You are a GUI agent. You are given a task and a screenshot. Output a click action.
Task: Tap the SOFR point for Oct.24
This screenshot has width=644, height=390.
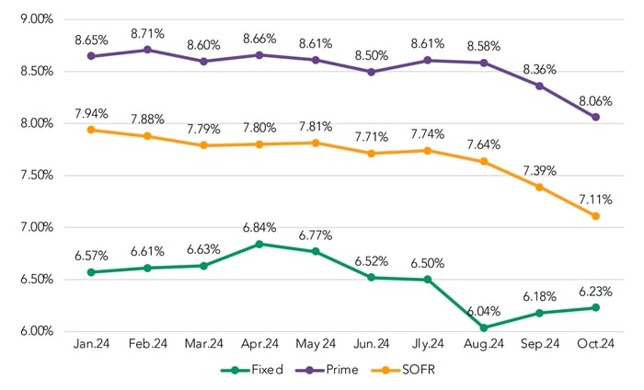(x=595, y=216)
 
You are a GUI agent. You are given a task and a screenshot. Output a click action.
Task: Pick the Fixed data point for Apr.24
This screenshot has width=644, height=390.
(x=259, y=244)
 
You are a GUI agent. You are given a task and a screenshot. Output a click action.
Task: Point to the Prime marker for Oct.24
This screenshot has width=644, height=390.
(x=595, y=117)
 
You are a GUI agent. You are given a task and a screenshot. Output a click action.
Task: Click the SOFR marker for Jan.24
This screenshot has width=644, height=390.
(x=91, y=130)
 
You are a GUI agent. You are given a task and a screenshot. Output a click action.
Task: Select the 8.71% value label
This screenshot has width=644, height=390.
(x=147, y=33)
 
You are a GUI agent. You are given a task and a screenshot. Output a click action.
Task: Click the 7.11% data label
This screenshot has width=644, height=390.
(x=595, y=200)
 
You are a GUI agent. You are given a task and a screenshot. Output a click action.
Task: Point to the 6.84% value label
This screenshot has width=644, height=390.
(x=260, y=227)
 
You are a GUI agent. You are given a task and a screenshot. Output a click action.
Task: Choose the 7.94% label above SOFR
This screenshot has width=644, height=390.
(x=91, y=113)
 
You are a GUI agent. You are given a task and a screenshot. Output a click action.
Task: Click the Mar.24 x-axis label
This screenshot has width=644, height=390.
(x=204, y=345)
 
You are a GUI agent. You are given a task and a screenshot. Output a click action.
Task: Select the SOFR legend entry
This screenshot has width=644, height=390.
(x=413, y=371)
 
